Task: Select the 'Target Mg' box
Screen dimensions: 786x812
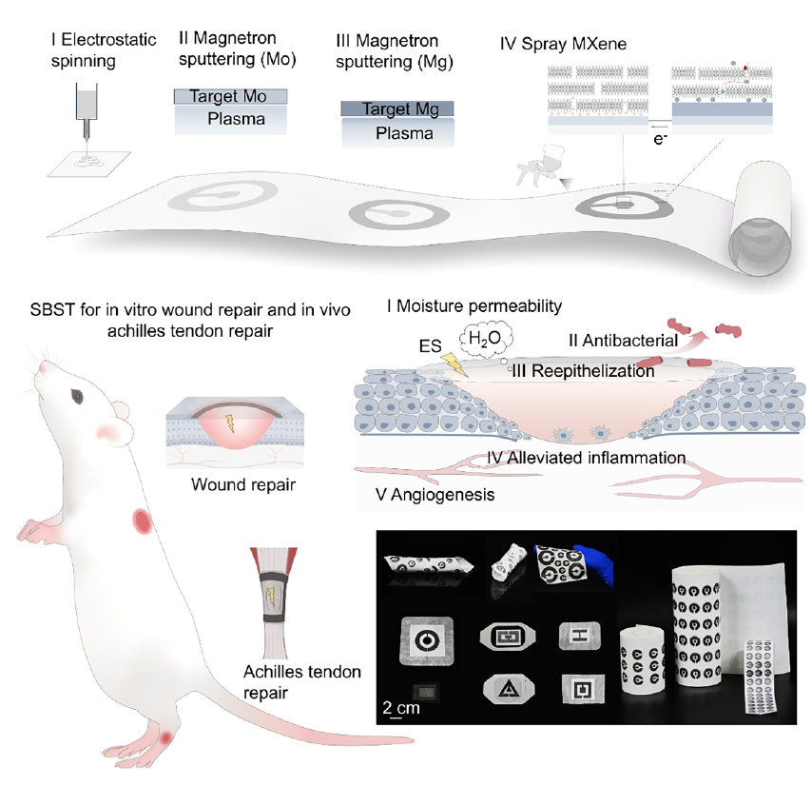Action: click(x=396, y=109)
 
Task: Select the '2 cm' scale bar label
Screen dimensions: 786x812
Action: click(x=399, y=707)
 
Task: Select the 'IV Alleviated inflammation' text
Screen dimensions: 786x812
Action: click(x=586, y=458)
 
